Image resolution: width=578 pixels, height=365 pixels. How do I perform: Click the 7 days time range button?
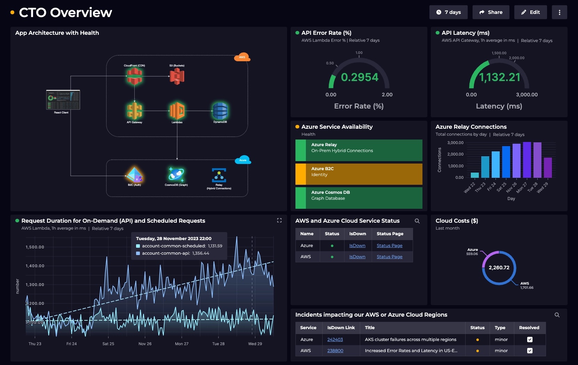click(448, 12)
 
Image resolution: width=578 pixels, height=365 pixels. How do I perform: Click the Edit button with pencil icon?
click(530, 12)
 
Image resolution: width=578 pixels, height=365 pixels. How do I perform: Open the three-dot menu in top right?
click(559, 12)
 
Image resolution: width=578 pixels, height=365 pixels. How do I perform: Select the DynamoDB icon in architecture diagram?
click(220, 111)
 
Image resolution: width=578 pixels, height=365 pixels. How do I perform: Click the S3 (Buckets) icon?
click(177, 76)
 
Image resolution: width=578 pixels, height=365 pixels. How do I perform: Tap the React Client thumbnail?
click(63, 100)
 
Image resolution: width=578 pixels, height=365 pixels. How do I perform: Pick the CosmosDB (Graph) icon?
click(176, 174)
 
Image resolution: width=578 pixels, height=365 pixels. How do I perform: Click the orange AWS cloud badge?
click(242, 57)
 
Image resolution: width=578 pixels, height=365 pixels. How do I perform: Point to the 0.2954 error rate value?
click(359, 77)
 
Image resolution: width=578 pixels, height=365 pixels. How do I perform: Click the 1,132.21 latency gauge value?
click(500, 77)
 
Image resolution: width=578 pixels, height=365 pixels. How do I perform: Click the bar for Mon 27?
click(527, 160)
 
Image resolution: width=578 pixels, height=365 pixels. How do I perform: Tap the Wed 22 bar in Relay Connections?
click(475, 175)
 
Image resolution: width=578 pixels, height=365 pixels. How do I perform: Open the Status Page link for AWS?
click(389, 257)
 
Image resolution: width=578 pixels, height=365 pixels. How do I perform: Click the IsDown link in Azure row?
click(357, 246)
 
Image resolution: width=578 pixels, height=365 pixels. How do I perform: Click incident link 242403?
click(335, 340)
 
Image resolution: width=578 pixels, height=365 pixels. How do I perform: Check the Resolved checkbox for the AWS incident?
click(530, 351)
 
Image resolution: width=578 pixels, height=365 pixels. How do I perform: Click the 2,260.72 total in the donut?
click(499, 268)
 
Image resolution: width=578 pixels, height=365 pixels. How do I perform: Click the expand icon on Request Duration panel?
click(279, 220)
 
